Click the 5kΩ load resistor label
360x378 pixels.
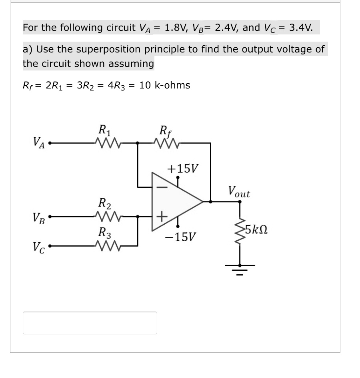(256, 230)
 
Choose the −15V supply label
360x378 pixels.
(180, 237)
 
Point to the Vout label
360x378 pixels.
(239, 191)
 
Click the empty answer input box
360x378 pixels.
(90, 323)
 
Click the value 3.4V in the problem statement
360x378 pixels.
(301, 28)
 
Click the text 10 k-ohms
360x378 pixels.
(165, 85)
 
